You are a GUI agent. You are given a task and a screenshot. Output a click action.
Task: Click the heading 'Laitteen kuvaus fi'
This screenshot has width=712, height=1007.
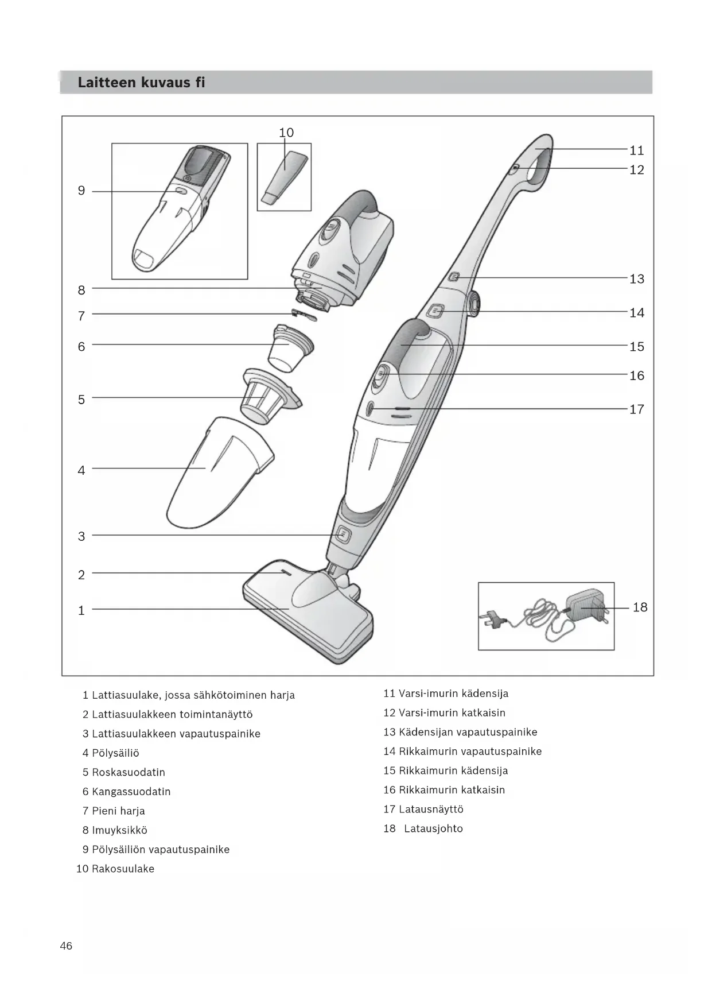pos(141,83)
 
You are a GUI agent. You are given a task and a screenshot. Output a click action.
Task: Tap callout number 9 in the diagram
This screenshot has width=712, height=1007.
pos(81,191)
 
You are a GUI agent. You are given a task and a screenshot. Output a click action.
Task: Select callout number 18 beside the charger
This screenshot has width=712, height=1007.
pos(640,607)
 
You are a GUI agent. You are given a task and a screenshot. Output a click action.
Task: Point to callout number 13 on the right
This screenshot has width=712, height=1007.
pos(637,279)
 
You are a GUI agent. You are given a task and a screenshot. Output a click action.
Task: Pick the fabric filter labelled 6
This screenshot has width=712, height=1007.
pos(290,347)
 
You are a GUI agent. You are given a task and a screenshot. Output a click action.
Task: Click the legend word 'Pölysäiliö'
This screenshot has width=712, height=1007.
pos(115,753)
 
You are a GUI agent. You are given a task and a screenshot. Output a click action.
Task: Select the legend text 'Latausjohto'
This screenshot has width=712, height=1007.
pos(433,828)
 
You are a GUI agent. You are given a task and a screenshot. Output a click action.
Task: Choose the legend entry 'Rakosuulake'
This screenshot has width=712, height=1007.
pos(123,869)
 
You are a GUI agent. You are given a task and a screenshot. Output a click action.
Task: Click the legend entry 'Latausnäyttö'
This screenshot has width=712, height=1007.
pos(431,810)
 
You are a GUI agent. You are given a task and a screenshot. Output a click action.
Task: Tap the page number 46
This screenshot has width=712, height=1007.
pos(66,946)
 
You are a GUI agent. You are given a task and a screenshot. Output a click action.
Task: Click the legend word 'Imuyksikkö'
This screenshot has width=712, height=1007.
pos(119,830)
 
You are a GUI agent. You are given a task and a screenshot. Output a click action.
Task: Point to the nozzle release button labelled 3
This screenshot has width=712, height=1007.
pos(343,535)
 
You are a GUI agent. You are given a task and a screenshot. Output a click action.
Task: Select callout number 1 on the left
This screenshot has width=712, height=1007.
pos(81,610)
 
